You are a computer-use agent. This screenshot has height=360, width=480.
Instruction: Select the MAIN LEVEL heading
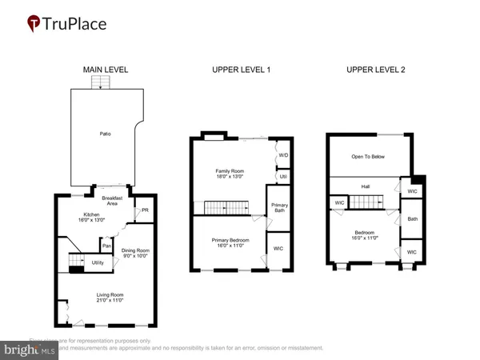tap(106, 70)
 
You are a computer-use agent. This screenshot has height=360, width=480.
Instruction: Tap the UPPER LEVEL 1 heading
tap(241, 70)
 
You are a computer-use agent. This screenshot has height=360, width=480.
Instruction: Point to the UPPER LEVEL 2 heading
tap(375, 70)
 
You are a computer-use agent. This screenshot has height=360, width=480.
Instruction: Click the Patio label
tap(105, 134)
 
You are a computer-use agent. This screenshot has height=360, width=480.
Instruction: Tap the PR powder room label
tap(144, 211)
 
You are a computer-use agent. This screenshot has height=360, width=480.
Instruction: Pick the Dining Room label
tap(134, 251)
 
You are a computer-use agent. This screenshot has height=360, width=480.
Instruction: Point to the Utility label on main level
tap(98, 262)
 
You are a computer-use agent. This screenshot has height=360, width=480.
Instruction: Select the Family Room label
tap(229, 171)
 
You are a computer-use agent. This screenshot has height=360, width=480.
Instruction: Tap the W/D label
tap(282, 154)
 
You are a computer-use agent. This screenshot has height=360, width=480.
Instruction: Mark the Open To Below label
tap(364, 157)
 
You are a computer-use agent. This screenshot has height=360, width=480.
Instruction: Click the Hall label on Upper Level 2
tap(365, 186)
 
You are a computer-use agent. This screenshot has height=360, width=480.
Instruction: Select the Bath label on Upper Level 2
tap(413, 218)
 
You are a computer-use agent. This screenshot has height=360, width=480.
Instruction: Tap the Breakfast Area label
tap(106, 201)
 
